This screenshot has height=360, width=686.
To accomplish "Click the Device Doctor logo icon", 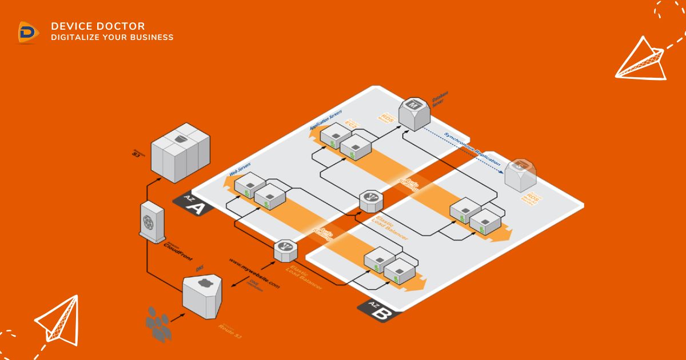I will (27, 32).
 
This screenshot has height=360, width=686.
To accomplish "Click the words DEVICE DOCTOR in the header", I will (98, 26).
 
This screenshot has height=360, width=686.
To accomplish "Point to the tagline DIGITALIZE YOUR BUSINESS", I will (112, 38).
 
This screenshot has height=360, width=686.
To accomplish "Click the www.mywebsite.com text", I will (255, 274).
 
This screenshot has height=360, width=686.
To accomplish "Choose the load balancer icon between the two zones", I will (370, 201).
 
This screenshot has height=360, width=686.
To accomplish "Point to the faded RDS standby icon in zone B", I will (520, 172).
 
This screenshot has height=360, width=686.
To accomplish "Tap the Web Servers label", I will (240, 168).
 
